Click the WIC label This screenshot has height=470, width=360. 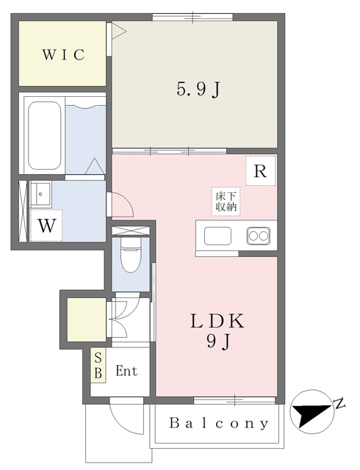click(63, 54)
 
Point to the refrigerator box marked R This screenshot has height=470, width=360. click(260, 171)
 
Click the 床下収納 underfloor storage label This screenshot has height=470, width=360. click(226, 201)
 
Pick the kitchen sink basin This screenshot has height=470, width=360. click(218, 236)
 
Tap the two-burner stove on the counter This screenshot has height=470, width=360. click(259, 236)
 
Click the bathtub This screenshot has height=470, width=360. click(44, 137)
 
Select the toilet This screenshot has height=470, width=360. click(131, 256)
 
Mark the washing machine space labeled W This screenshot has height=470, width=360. click(46, 225)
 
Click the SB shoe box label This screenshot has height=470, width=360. click(98, 364)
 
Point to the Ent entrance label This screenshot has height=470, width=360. click(126, 371)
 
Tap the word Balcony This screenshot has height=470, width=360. click(219, 424)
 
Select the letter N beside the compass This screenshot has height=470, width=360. click(339, 402)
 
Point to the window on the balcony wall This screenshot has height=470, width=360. click(235, 399)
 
